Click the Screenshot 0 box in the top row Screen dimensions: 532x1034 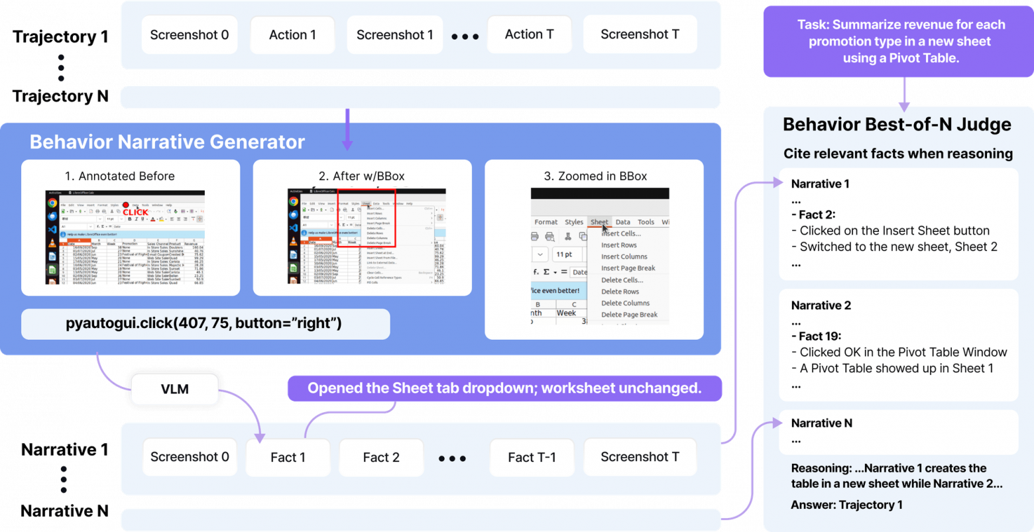pyautogui.click(x=190, y=34)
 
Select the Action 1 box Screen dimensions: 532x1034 pyautogui.click(x=292, y=34)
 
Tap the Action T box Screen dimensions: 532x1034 pyautogui.click(x=529, y=34)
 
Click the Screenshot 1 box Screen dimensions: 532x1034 pyautogui.click(x=394, y=34)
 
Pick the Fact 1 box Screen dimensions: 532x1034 pyautogui.click(x=288, y=457)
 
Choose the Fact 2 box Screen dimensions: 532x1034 pyautogui.click(x=381, y=457)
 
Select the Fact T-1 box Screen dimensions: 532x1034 pyautogui.click(x=532, y=457)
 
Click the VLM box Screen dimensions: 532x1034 pyautogui.click(x=174, y=389)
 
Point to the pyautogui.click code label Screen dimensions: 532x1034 pyautogui.click(x=203, y=324)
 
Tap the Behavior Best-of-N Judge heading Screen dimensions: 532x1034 pyautogui.click(x=897, y=125)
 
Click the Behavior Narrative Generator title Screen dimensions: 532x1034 pyautogui.click(x=167, y=142)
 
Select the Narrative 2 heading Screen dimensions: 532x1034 pyautogui.click(x=821, y=305)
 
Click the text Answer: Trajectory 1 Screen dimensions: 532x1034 pyautogui.click(x=846, y=505)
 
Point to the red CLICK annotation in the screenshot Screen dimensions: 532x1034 pyautogui.click(x=135, y=212)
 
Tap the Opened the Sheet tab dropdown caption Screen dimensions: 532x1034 pyautogui.click(x=504, y=388)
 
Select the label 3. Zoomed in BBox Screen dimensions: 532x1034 pyautogui.click(x=595, y=176)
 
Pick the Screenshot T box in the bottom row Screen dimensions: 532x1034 pyautogui.click(x=640, y=457)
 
